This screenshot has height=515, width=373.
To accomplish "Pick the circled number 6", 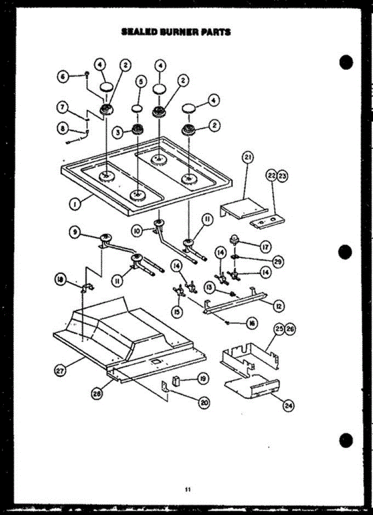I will pyautogui.click(x=64, y=76).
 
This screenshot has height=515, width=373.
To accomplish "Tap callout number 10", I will pyautogui.click(x=136, y=230).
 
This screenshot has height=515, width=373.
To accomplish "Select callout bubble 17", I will pyautogui.click(x=265, y=247).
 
